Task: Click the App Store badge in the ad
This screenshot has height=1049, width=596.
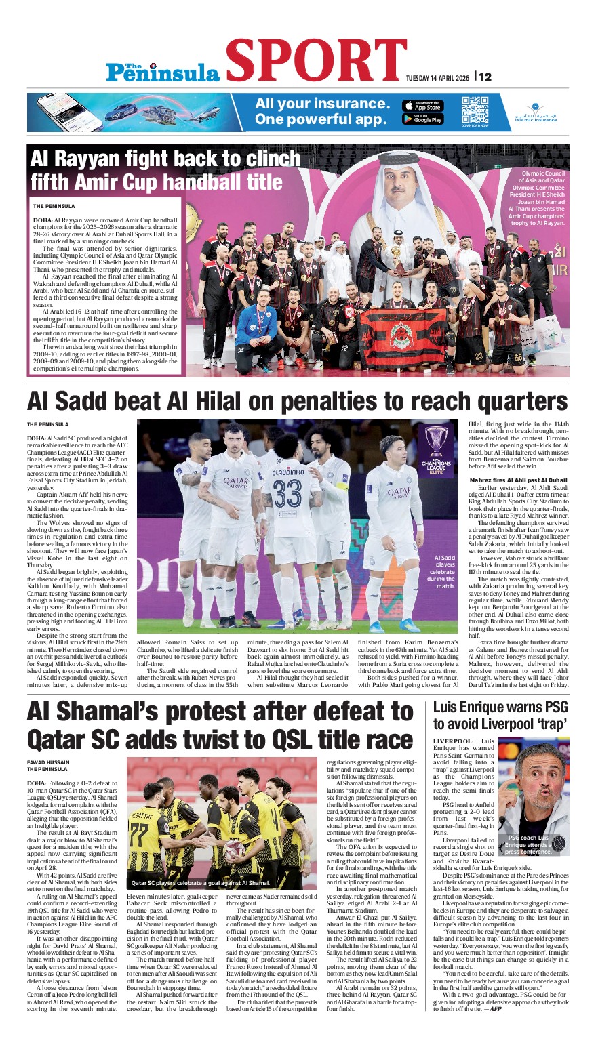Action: (422, 106)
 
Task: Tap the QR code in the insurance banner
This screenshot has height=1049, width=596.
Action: (475, 110)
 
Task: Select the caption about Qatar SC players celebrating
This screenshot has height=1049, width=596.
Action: (200, 883)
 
